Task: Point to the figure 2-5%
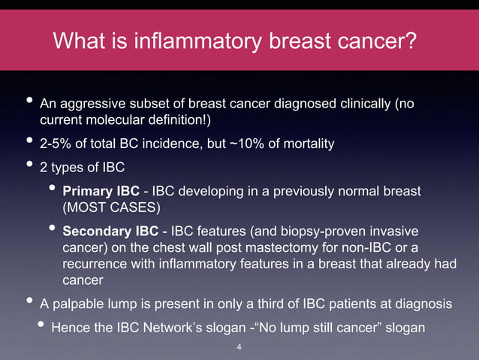55,143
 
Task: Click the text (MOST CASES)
111,204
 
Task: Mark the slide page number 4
239,347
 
